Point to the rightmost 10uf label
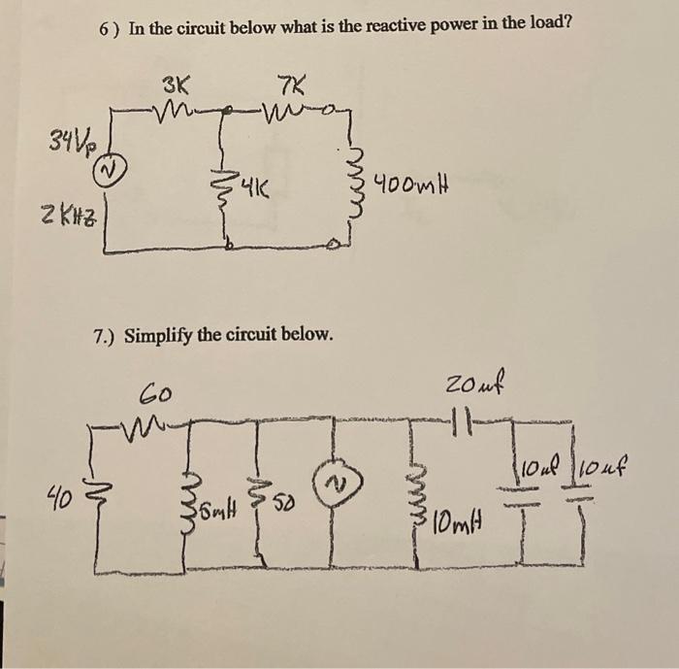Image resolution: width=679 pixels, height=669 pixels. point(606,475)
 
